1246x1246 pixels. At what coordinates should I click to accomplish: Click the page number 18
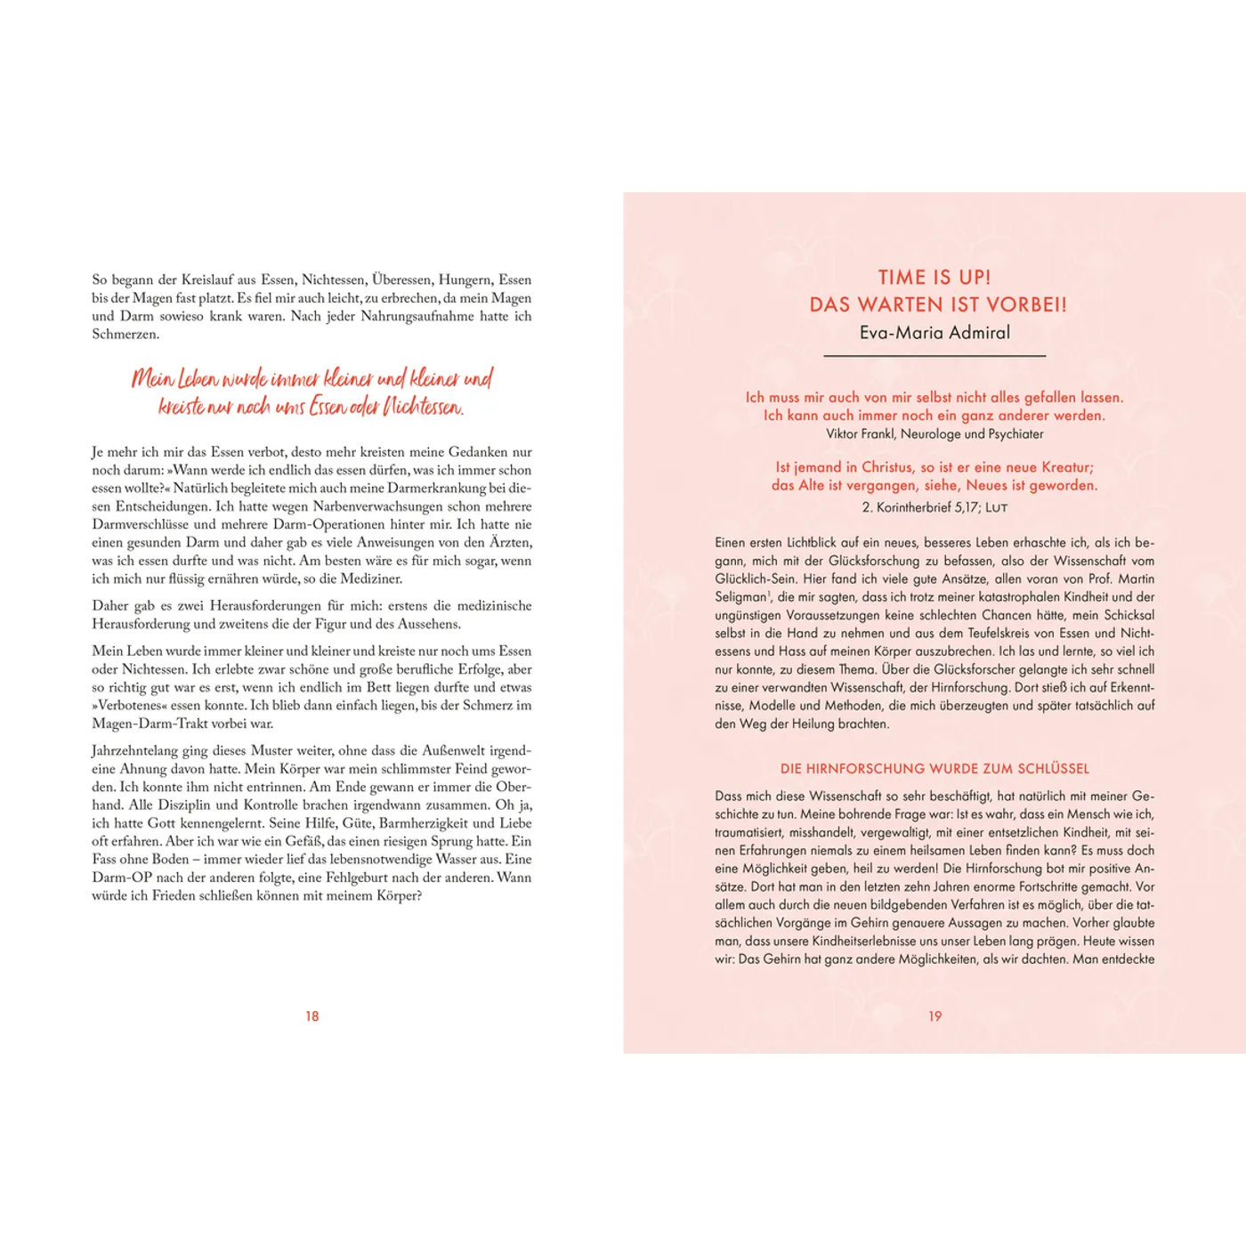point(311,1016)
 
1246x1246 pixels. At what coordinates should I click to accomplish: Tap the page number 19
point(934,1016)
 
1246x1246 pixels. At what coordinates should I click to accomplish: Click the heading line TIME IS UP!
point(934,278)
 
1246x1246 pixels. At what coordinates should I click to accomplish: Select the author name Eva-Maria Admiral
point(934,333)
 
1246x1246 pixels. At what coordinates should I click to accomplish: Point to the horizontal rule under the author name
point(934,356)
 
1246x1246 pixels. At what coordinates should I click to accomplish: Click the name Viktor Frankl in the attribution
point(859,434)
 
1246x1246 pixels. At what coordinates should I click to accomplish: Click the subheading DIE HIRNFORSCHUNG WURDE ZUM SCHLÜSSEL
point(934,769)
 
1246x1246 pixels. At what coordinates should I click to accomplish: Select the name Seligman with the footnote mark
point(742,597)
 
